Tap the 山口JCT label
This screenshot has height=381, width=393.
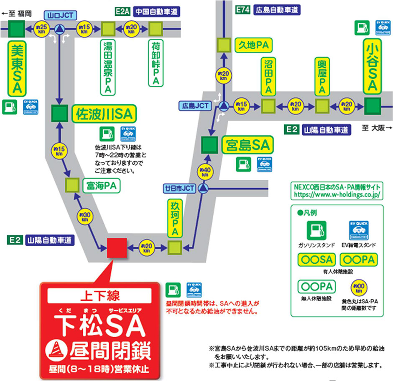[60, 15]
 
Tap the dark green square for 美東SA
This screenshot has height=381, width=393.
[17, 29]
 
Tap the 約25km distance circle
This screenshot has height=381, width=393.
[41, 28]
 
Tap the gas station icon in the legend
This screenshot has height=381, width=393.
[316, 230]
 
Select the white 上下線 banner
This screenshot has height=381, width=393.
[100, 295]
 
